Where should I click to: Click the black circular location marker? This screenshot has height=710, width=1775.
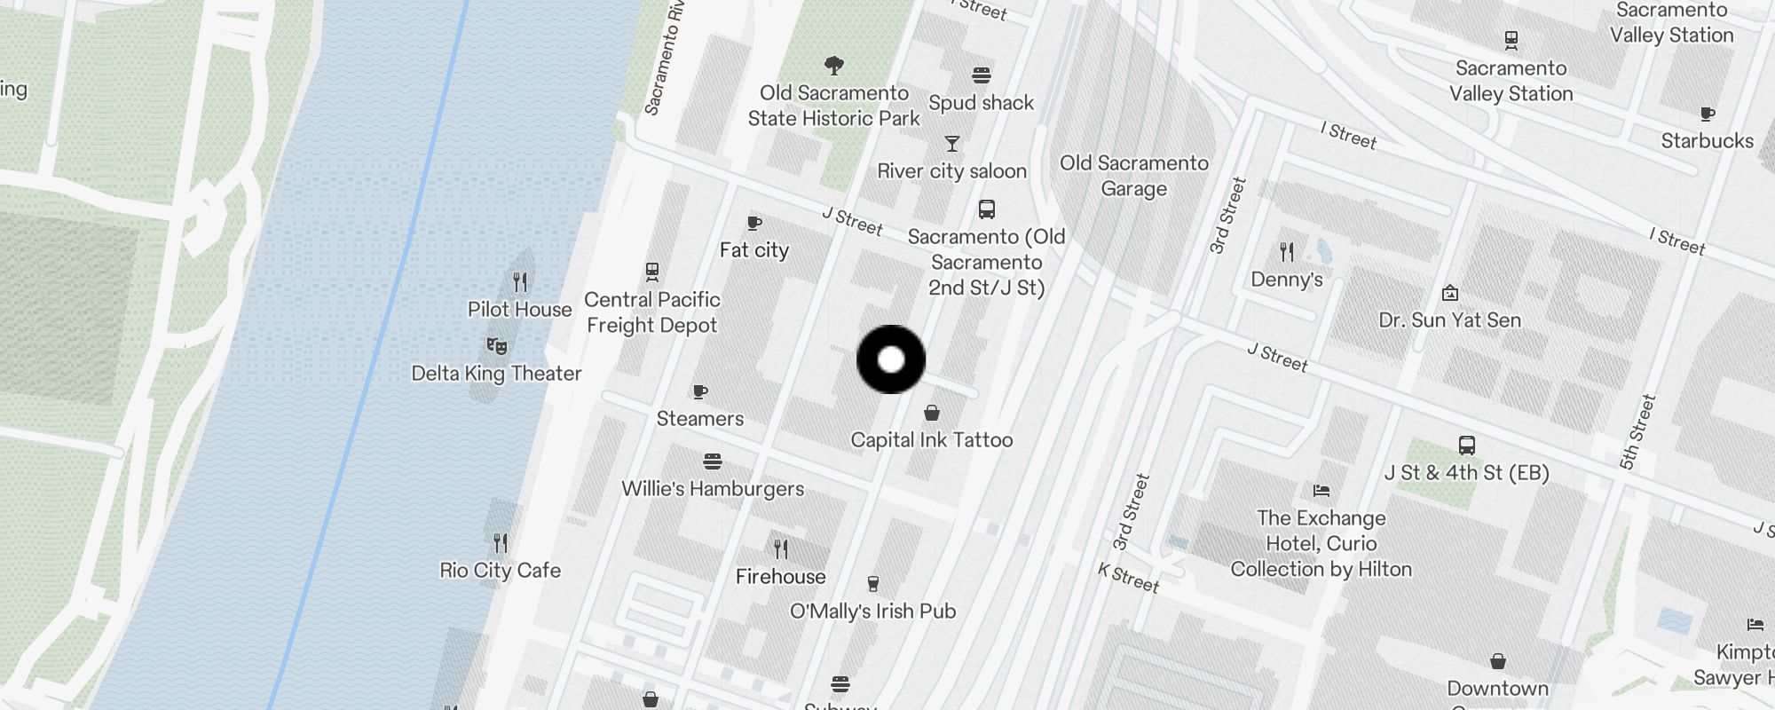click(x=891, y=359)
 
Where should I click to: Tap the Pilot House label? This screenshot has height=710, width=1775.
click(x=519, y=310)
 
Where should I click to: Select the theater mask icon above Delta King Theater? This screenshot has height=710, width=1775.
click(x=497, y=345)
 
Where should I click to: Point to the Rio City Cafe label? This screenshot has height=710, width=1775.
click(x=500, y=570)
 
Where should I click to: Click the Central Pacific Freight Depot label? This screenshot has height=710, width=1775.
click(x=651, y=312)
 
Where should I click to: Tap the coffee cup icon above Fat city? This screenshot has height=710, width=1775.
click(x=754, y=223)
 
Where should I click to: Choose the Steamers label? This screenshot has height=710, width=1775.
click(x=699, y=419)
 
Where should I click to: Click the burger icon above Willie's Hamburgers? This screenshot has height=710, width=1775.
click(x=712, y=461)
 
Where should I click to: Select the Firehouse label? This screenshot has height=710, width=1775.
click(x=780, y=577)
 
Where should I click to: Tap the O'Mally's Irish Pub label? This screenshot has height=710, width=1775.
click(x=872, y=611)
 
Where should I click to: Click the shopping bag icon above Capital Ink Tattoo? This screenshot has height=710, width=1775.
click(x=932, y=413)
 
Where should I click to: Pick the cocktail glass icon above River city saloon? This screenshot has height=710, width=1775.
click(x=952, y=144)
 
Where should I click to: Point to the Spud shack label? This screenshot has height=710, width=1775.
click(x=981, y=103)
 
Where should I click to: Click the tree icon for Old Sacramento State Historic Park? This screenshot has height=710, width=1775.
click(x=833, y=65)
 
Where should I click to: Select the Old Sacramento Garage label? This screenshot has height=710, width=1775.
click(x=1133, y=176)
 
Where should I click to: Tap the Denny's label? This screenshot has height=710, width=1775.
click(x=1286, y=280)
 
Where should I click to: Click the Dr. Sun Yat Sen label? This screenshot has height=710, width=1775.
click(x=1449, y=320)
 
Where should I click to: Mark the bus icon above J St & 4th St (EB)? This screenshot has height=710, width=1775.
click(x=1466, y=446)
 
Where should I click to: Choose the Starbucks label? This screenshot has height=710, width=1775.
click(x=1707, y=141)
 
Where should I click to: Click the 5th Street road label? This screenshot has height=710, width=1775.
click(x=1637, y=432)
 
